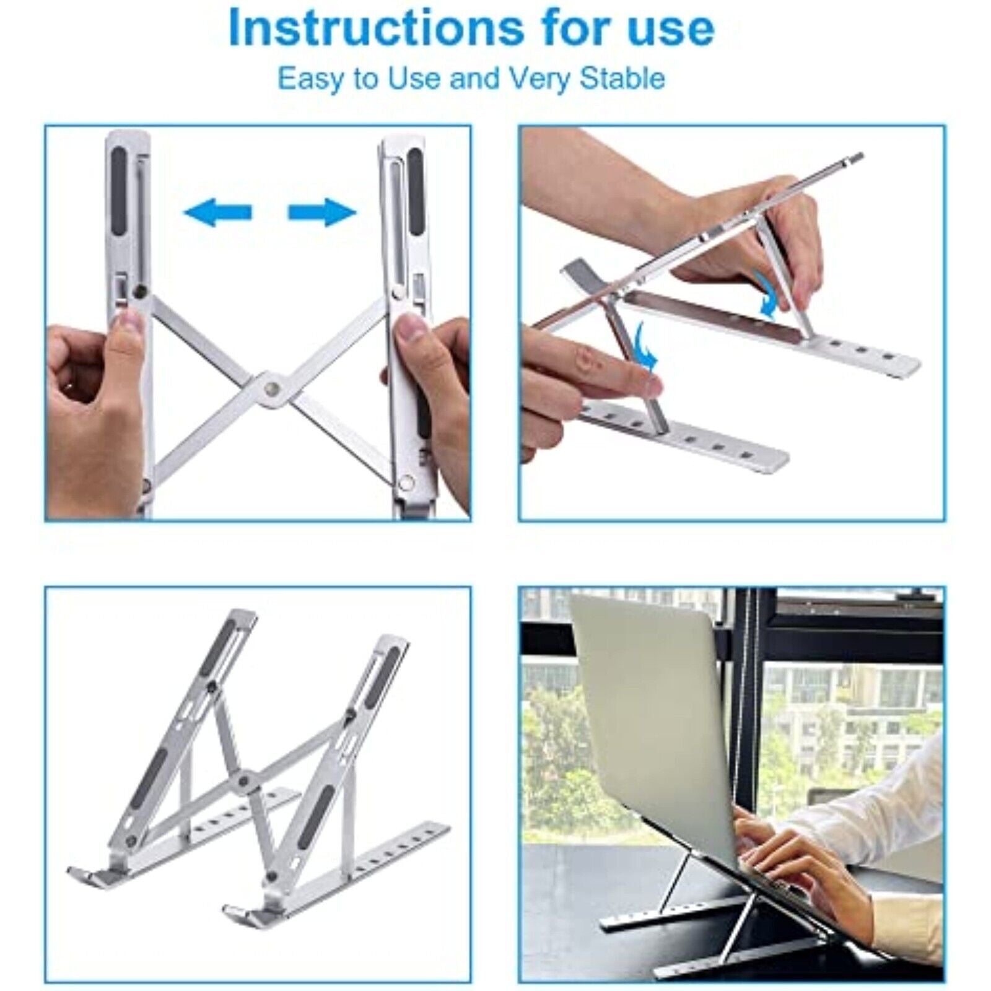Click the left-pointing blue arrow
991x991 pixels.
pos(217,213)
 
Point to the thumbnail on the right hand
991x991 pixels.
pos(408,326)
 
